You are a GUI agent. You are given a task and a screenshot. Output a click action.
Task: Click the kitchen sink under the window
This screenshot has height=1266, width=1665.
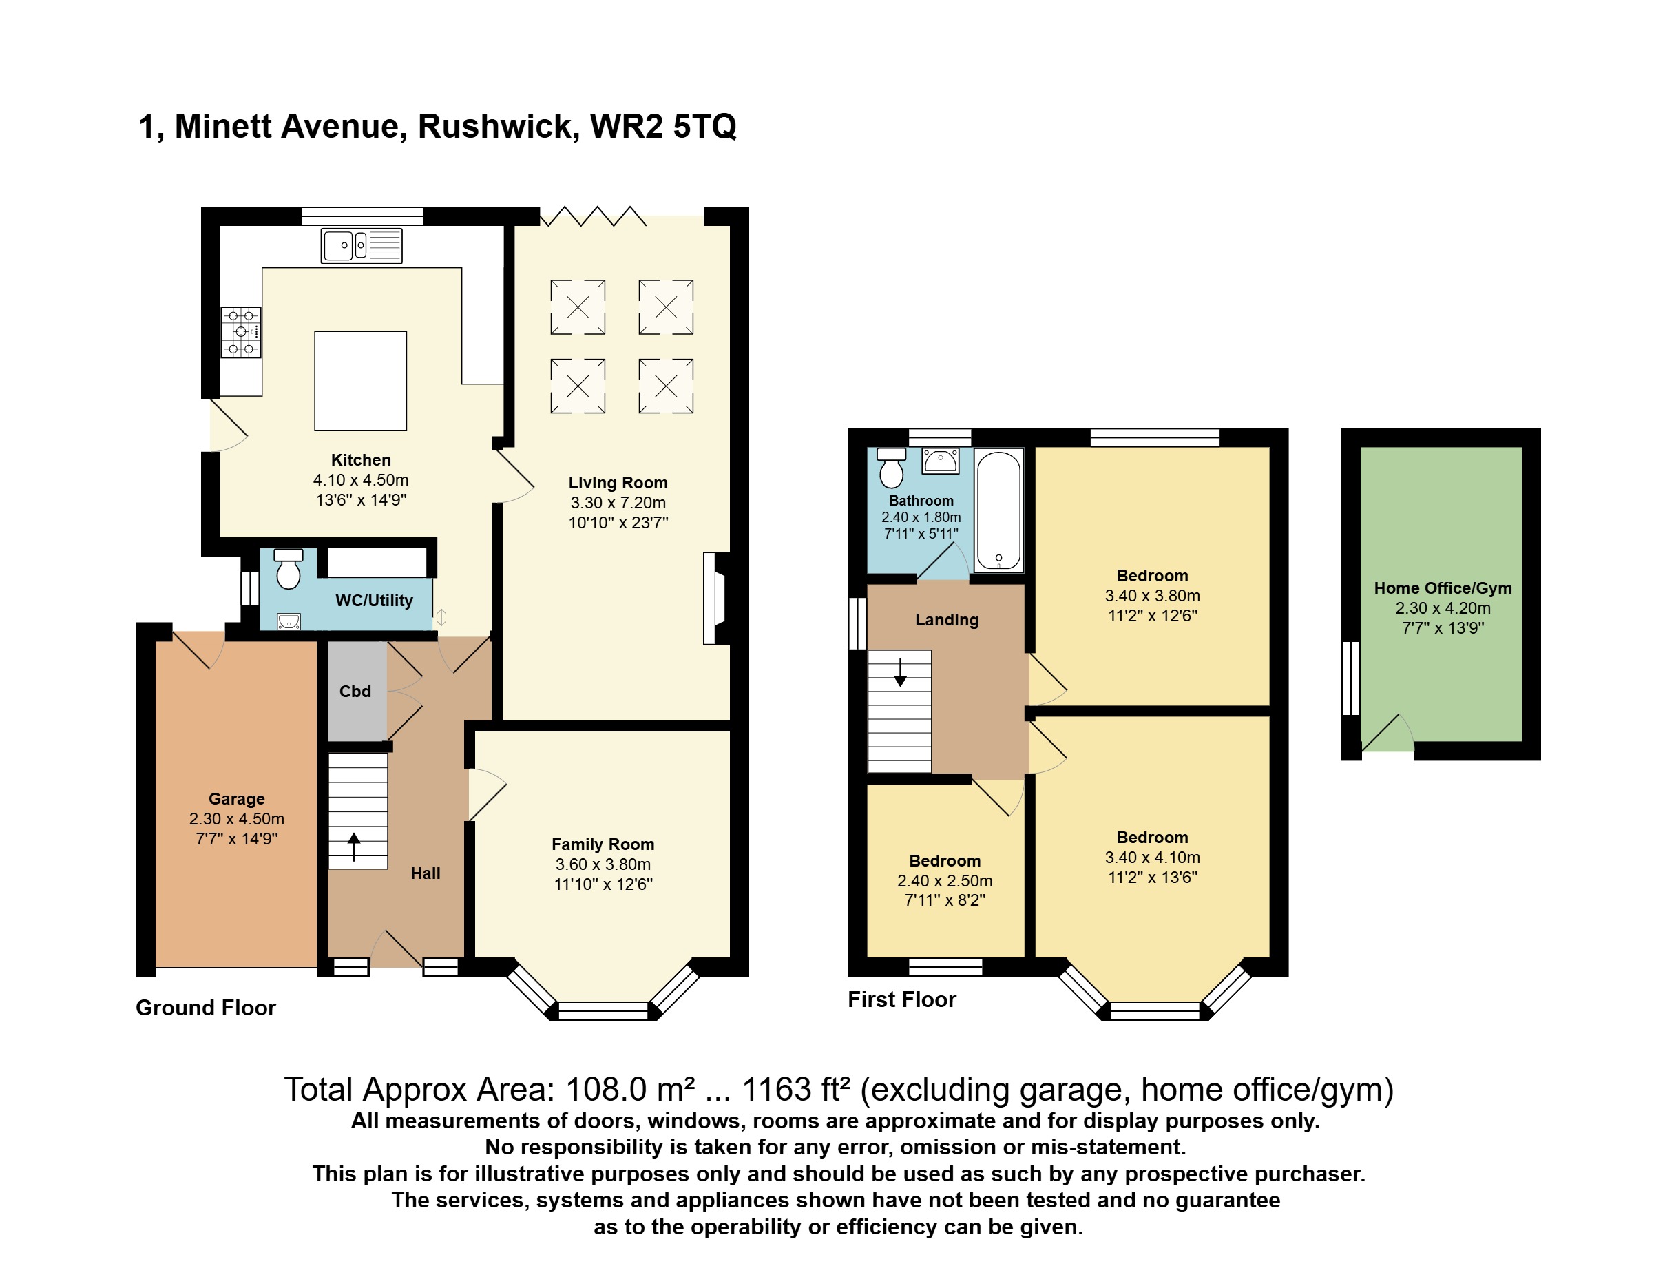362,246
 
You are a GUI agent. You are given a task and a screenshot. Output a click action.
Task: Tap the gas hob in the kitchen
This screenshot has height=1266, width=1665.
241,331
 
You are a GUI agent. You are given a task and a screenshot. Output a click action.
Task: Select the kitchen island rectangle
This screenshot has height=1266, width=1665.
360,380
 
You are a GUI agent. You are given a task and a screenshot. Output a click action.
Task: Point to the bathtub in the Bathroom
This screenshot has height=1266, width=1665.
998,510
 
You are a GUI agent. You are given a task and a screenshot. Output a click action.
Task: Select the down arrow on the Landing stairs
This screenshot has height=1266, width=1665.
899,673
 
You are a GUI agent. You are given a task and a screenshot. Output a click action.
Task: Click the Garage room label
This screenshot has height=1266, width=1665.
237,799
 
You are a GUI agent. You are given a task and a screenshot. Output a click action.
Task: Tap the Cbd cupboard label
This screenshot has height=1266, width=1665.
355,691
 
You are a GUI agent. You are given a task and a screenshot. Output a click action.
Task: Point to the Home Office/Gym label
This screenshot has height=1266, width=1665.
1442,588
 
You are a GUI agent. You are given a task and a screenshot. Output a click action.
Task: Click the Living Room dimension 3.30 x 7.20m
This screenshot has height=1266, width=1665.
618,503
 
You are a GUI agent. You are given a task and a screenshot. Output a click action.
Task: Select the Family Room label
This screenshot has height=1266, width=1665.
603,844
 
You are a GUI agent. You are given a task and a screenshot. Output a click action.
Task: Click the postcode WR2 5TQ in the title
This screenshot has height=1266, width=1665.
663,127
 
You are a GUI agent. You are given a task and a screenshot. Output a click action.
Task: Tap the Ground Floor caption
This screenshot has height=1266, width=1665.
206,1008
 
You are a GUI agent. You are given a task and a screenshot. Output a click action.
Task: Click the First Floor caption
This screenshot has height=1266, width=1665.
902,999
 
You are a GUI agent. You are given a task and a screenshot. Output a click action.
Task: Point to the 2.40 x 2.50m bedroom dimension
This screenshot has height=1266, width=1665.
945,880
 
